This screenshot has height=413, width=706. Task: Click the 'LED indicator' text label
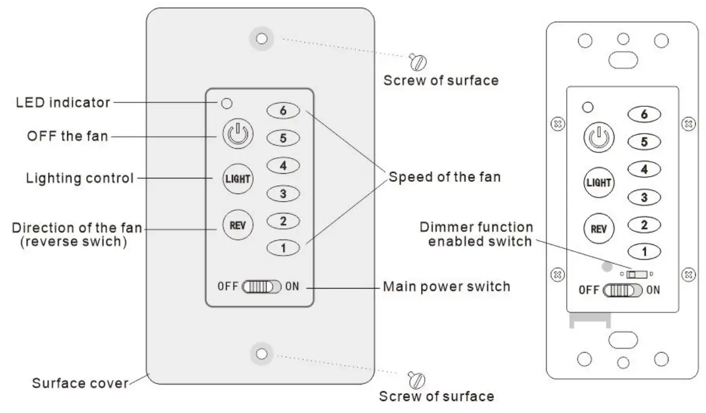[63, 103]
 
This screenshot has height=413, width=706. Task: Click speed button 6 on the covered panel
[283, 111]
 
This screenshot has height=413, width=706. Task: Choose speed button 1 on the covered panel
[283, 248]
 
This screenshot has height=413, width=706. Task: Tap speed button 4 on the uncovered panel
[643, 169]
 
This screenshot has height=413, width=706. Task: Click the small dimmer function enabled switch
[637, 274]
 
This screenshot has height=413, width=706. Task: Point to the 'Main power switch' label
[446, 286]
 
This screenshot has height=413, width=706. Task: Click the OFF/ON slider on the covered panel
[261, 286]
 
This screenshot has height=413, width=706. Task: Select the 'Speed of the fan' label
[445, 177]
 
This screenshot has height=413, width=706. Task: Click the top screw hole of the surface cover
[261, 39]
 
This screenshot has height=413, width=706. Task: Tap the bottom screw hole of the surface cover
[261, 353]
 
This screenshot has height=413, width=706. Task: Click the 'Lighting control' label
[80, 178]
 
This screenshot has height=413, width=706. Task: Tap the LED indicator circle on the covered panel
[226, 103]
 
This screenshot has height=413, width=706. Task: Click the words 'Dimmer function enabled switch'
[476, 234]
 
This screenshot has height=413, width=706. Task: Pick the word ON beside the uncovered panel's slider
[653, 290]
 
